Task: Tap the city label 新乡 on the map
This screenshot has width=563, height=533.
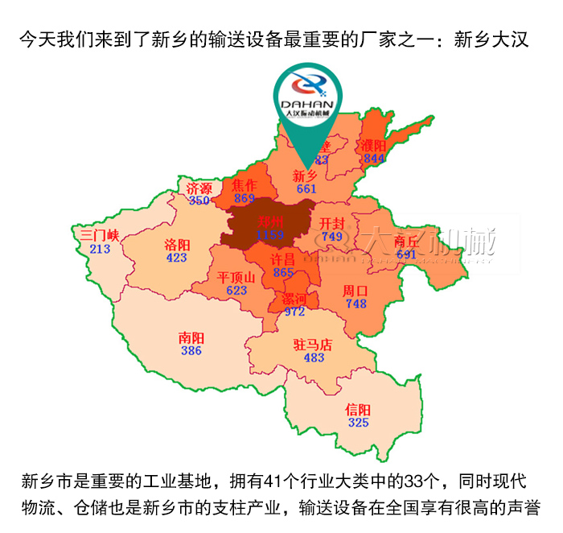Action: point(305,176)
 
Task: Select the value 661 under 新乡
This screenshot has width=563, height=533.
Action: point(306,189)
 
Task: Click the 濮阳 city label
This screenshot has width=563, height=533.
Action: point(374,146)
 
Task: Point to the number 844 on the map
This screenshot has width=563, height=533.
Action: point(374,159)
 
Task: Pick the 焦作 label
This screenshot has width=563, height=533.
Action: point(245,184)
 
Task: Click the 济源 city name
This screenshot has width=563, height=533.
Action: point(199,188)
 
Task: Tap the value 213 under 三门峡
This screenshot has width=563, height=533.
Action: point(100,249)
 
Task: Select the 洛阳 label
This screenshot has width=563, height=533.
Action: point(177,244)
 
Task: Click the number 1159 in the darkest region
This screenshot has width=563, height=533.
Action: point(271,234)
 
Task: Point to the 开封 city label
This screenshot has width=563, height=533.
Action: point(332,223)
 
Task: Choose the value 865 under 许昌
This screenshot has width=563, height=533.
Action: point(283,273)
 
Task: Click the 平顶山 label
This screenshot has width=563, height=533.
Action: point(236,277)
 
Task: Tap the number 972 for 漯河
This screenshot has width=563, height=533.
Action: point(294,311)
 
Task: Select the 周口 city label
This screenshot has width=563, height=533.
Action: point(355,290)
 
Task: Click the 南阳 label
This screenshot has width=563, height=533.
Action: point(191,338)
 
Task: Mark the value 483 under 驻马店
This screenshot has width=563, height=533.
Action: point(314,357)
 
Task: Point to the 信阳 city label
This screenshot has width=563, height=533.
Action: point(358,409)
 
